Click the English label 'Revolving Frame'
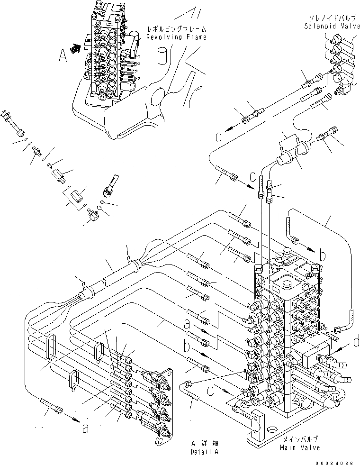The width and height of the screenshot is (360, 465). coord(176,37)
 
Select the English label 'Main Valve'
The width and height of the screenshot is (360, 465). coord(299,447)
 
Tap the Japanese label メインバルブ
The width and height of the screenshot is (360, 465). coord(299,440)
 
